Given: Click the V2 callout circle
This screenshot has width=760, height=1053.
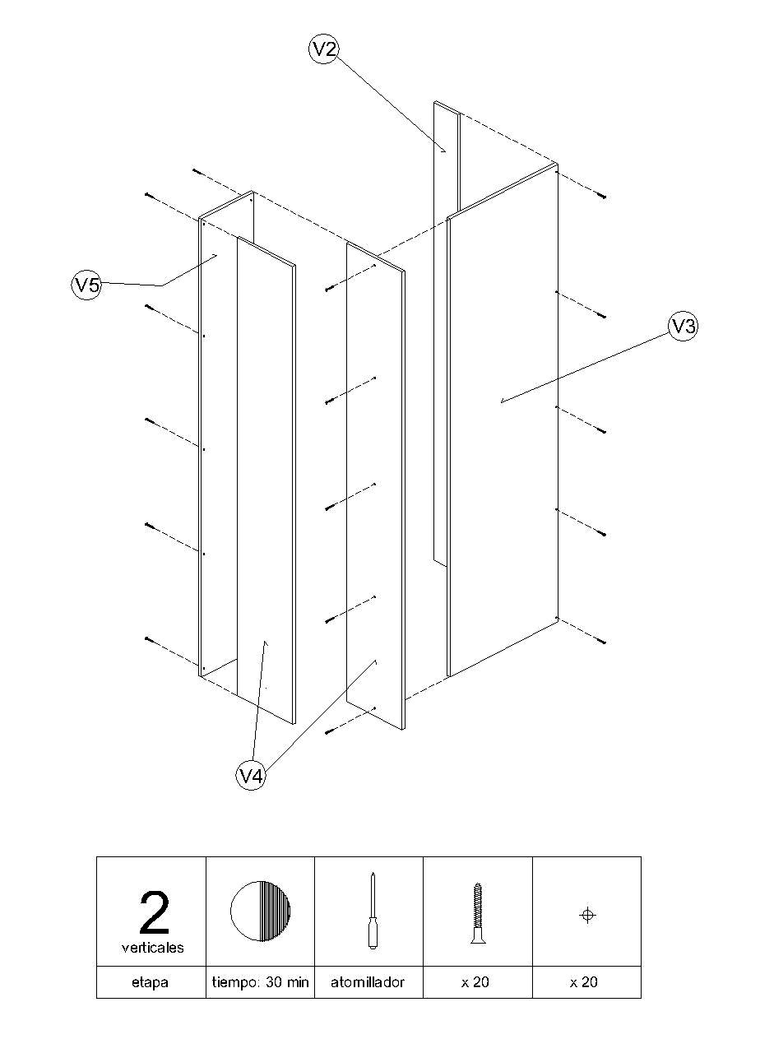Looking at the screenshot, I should tap(325, 49).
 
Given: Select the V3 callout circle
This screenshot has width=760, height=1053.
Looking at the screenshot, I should tap(683, 327).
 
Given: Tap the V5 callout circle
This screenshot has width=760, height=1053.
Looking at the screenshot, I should tap(86, 285).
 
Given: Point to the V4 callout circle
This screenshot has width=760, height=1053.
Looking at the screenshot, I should tap(252, 776).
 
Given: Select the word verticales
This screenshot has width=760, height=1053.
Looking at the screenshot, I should tap(153, 948).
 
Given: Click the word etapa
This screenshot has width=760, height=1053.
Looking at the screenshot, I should tap(151, 982).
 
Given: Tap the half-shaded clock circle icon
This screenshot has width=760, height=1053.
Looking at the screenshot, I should tap(260, 911).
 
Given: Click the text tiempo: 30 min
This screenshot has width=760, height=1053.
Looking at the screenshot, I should tap(260, 982).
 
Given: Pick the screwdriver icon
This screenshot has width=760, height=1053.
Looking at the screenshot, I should tap(371, 911).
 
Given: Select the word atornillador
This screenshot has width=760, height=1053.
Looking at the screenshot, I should tap(368, 982).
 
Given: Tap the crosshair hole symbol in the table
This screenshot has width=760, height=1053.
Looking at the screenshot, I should tap(587, 915).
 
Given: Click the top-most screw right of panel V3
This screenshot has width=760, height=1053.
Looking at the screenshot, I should tap(603, 197).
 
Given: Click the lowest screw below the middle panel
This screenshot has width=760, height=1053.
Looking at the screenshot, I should tap(329, 731).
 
